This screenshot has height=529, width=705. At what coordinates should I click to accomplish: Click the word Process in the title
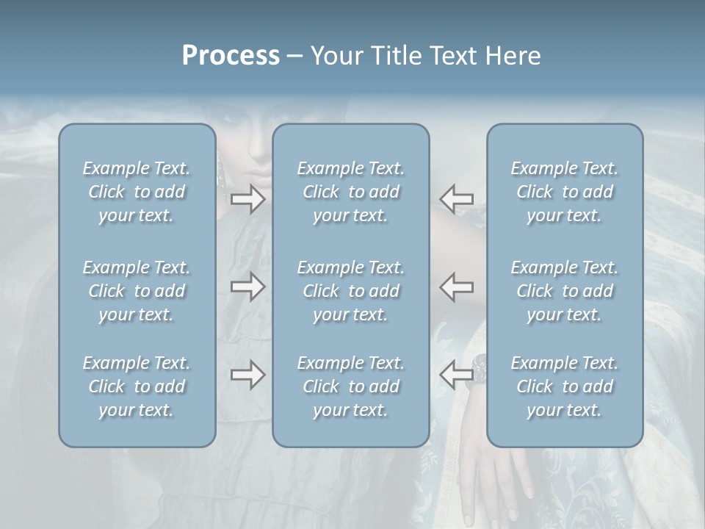click(x=231, y=56)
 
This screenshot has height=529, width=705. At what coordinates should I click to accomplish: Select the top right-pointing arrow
click(x=248, y=198)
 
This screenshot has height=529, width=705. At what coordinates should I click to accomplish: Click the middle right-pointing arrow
click(x=248, y=287)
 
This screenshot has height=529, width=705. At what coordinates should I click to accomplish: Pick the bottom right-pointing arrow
click(x=248, y=375)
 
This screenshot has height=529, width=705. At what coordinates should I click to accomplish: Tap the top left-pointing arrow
click(x=457, y=198)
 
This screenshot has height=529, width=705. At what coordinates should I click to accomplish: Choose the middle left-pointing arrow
click(x=457, y=287)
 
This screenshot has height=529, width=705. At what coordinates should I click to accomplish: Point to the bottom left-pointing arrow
click(x=457, y=375)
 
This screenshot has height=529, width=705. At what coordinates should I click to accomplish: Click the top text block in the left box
click(x=137, y=192)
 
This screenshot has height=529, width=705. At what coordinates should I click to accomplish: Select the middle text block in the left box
click(x=137, y=291)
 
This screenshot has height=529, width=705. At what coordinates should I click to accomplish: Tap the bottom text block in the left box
click(x=137, y=386)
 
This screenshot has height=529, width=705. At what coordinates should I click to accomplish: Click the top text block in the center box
click(x=351, y=192)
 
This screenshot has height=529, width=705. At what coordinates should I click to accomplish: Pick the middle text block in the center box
click(x=351, y=291)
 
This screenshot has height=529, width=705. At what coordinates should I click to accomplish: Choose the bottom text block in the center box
click(x=351, y=386)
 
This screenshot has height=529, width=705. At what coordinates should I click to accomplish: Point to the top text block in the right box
click(x=565, y=192)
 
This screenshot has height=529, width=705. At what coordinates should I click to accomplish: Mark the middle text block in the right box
click(x=565, y=291)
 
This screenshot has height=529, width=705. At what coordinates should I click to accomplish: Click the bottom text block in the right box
click(x=565, y=386)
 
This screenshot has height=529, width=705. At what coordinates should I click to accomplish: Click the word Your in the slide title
click(x=334, y=56)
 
